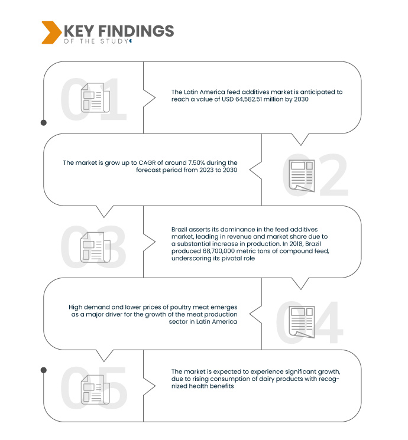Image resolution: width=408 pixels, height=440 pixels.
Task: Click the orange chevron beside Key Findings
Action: coord(51,32)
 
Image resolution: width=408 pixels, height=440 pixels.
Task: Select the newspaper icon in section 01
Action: coord(96,97)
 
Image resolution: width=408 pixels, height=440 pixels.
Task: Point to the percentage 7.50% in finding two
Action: coord(197,163)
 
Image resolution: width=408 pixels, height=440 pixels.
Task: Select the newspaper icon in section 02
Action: coord(302,176)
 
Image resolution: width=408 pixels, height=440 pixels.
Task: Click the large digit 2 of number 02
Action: coord(333,175)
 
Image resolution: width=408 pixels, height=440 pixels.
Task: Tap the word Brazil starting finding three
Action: coord(179,229)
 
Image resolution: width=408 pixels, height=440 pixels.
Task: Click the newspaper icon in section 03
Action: coord(96,247)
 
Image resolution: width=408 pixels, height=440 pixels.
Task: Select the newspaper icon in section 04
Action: coord(302,322)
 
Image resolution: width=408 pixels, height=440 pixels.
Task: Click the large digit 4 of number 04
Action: coord(328,322)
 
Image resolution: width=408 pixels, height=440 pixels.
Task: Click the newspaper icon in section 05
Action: coord(96,390)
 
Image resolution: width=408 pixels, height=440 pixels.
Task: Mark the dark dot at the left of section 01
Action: coord(44,123)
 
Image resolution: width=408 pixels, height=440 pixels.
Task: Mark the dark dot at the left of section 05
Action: coord(44,370)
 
